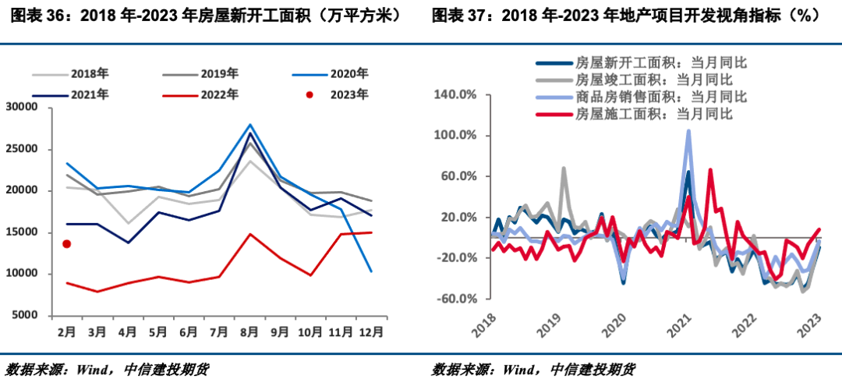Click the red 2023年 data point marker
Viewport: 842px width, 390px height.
tap(67, 244)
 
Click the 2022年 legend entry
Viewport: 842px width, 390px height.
tap(201, 94)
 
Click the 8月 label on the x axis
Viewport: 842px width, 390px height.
tap(250, 331)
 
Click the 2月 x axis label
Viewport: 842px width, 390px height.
tap(67, 331)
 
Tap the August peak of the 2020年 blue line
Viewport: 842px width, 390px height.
tap(250, 124)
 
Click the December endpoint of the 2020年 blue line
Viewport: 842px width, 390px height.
tap(370, 271)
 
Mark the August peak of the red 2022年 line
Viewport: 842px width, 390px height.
tap(250, 233)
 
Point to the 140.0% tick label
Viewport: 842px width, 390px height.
tap(459, 95)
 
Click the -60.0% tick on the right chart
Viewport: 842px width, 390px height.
tap(460, 299)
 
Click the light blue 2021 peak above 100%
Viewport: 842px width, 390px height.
tap(688, 131)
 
